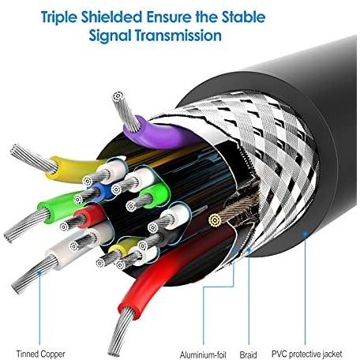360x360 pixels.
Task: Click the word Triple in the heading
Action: pos(59,17)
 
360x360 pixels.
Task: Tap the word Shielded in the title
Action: pos(111,17)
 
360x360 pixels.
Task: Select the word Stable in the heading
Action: pos(243,17)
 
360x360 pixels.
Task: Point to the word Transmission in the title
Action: pos(178,36)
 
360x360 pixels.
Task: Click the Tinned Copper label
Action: pos(40,354)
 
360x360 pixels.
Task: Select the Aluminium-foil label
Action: pos(203,354)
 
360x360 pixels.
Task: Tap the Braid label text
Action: pos(248,354)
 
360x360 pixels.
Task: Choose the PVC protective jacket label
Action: pos(306,354)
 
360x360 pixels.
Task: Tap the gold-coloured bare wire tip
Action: pos(214,220)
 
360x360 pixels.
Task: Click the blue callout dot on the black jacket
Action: pos(305,233)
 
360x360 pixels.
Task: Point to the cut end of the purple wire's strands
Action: pos(118,96)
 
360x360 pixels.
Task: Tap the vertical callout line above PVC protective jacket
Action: pos(305,289)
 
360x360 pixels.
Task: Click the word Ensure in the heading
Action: pos(169,17)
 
